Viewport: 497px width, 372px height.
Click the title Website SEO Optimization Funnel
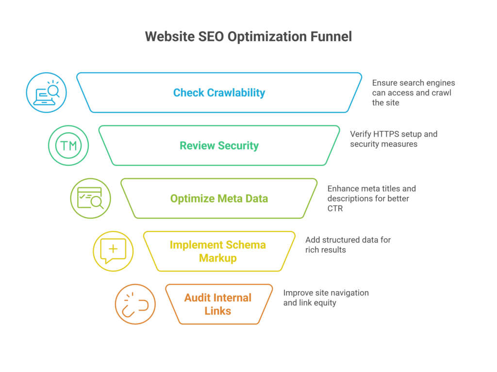pos(248,37)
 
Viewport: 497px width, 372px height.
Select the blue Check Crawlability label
pos(219,93)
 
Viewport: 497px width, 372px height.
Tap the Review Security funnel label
pos(219,145)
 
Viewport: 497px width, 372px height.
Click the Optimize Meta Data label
pos(219,199)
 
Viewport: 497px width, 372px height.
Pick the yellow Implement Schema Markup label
pos(218,251)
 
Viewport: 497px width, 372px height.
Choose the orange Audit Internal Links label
pos(218,304)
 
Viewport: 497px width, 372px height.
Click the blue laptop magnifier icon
pos(46,93)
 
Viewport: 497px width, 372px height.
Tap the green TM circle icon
pos(68,145)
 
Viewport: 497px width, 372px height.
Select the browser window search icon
pos(91,199)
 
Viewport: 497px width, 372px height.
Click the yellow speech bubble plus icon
pos(113,251)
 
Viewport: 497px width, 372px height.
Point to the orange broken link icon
pos(135,304)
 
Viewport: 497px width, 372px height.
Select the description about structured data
pos(348,245)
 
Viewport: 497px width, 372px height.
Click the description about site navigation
pos(326,298)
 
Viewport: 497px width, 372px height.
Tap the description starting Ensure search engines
pos(413,93)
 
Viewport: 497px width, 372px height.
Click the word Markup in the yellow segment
pos(218,258)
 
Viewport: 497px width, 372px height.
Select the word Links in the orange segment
pos(218,311)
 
